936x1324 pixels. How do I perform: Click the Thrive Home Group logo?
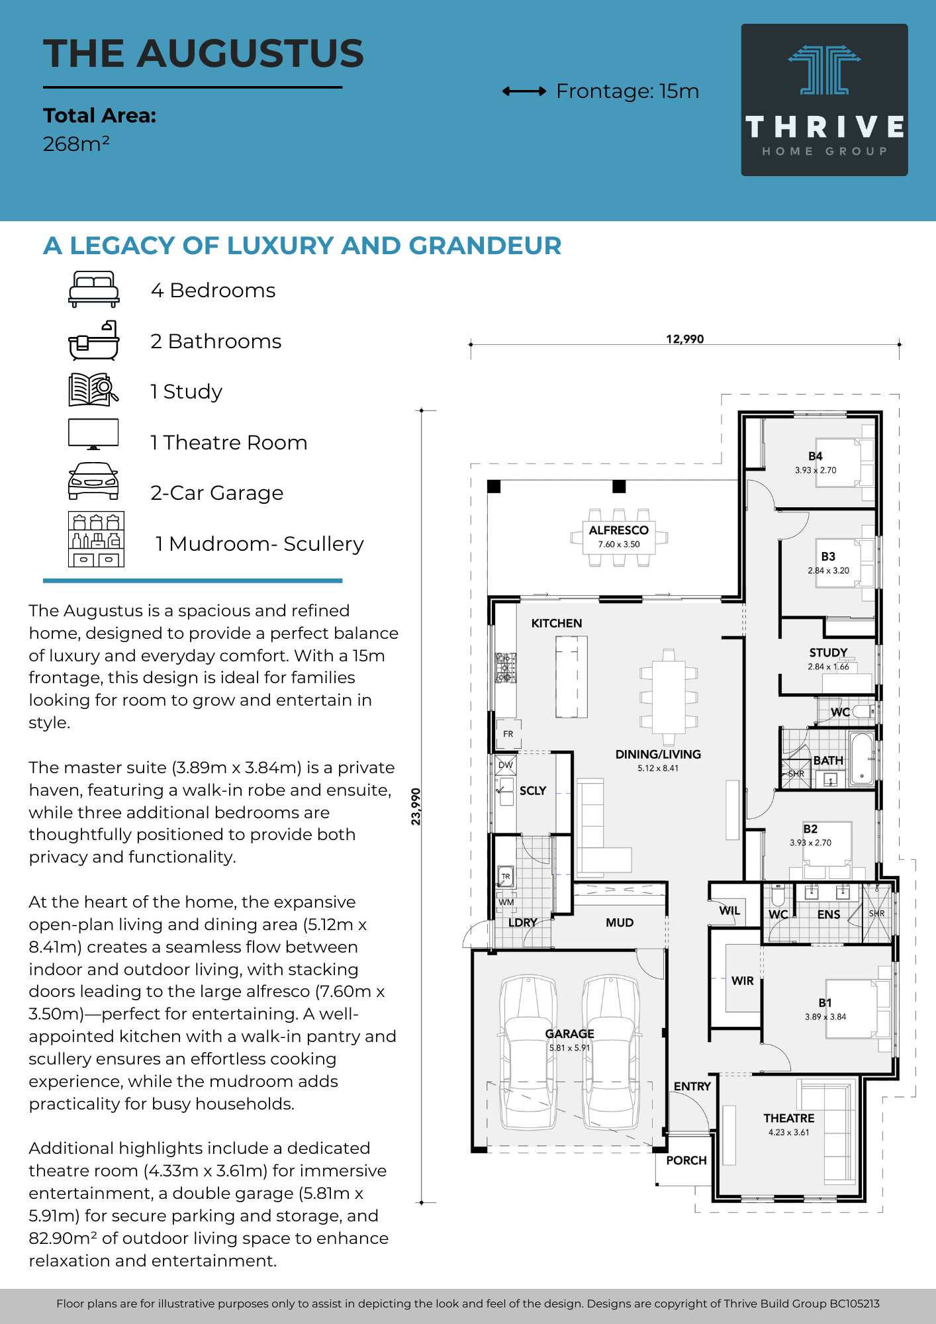[824, 100]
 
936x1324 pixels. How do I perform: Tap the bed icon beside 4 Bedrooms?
[94, 289]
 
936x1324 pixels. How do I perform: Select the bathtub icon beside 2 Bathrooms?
[94, 340]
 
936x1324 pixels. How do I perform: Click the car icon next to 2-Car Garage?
[93, 481]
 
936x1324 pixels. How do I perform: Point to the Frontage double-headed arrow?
[524, 91]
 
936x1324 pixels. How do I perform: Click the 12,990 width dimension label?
[685, 339]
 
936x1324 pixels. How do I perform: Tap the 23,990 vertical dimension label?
[416, 806]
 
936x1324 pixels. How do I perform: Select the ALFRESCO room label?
[619, 530]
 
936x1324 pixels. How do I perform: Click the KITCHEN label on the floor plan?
[557, 623]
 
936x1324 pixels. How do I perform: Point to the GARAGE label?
[569, 1033]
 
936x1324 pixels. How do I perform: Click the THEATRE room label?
[789, 1118]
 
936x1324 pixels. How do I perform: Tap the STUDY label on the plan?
[828, 653]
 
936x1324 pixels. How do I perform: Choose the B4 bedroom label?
[816, 456]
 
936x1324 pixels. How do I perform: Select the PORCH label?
[686, 1160]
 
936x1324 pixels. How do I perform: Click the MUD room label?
[620, 923]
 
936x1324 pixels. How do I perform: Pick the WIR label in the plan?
[743, 981]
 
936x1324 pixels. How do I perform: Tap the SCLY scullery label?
[533, 790]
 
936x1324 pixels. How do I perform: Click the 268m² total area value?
[76, 144]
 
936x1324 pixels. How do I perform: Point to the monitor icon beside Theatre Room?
[93, 434]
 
